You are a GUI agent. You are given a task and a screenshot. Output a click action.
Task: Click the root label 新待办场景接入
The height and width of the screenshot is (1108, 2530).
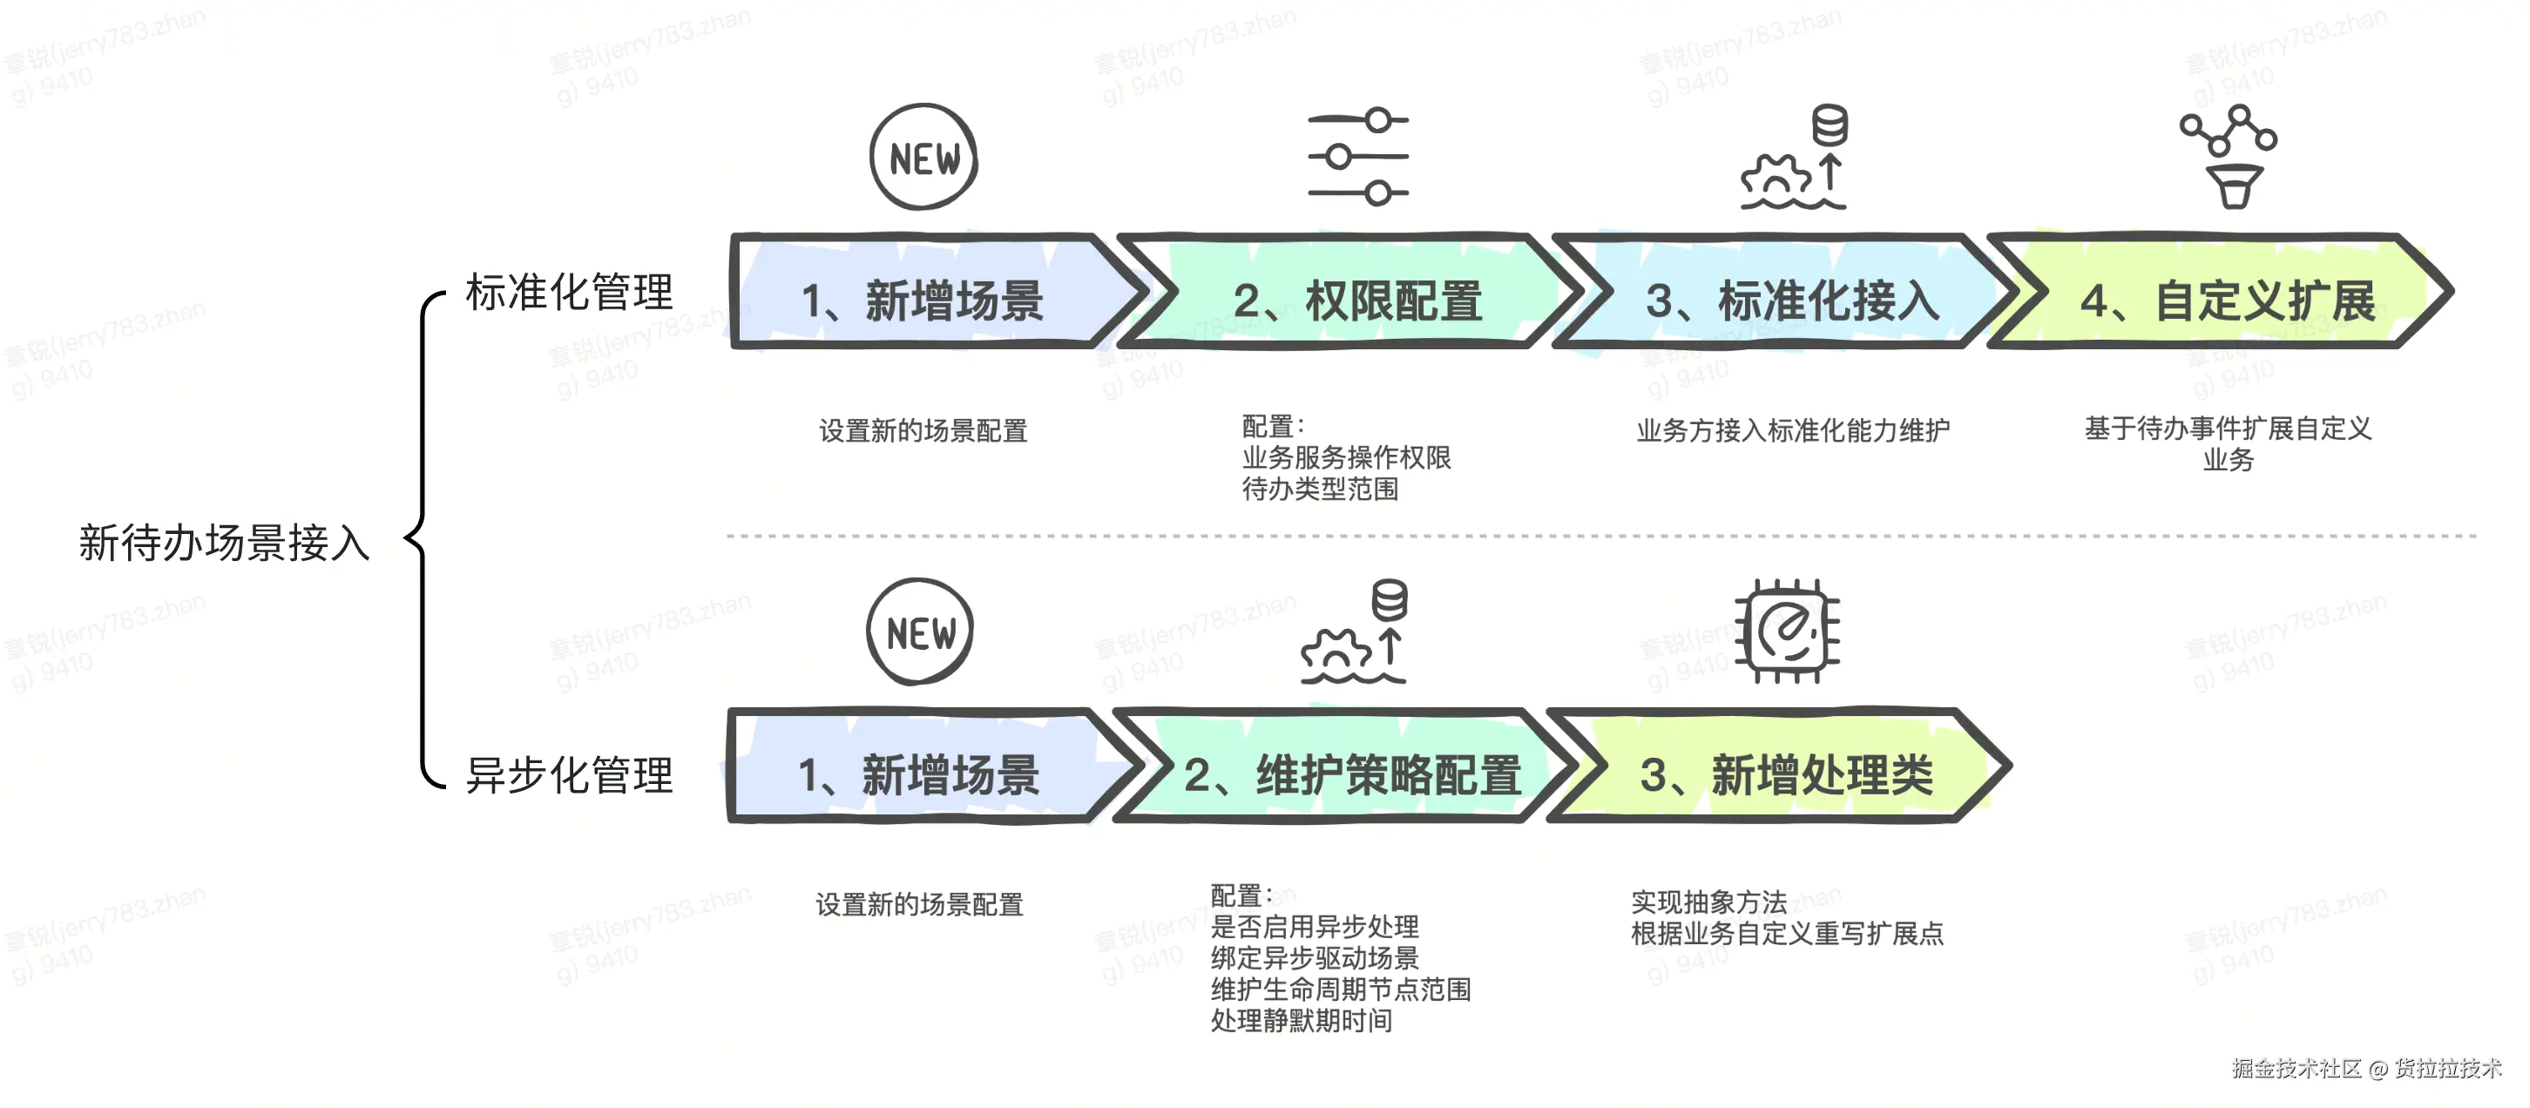[224, 544]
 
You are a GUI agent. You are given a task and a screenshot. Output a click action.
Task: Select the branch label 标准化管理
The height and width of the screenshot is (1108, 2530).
[569, 293]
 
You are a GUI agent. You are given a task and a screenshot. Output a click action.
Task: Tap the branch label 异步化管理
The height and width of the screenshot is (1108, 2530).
[569, 775]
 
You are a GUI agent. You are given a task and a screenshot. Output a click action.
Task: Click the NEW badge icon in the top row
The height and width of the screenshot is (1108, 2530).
[923, 157]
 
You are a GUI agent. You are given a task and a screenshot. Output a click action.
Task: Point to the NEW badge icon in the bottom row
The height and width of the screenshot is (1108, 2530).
[920, 632]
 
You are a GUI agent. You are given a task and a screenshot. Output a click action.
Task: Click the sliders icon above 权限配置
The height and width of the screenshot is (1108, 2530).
[1358, 156]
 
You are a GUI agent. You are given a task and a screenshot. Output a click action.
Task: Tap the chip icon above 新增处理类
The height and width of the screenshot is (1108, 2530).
[1788, 632]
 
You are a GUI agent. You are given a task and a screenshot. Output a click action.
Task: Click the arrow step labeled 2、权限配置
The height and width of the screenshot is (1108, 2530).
[1356, 301]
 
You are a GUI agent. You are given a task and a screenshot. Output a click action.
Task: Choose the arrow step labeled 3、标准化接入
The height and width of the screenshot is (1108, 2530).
[1791, 301]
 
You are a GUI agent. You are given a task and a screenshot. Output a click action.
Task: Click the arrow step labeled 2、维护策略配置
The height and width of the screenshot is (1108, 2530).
[1351, 775]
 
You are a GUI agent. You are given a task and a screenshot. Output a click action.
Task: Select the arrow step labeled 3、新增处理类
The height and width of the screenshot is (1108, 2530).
[1785, 775]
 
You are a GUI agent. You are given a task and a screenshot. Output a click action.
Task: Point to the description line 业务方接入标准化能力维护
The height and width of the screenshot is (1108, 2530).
[1792, 430]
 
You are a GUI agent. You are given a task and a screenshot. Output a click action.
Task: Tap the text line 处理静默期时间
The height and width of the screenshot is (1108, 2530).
[1302, 1022]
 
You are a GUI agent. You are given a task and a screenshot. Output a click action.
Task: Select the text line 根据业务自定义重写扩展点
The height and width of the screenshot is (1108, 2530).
[1787, 934]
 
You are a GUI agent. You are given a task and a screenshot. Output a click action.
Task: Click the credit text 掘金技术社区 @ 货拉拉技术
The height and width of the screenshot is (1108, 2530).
[2366, 1069]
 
